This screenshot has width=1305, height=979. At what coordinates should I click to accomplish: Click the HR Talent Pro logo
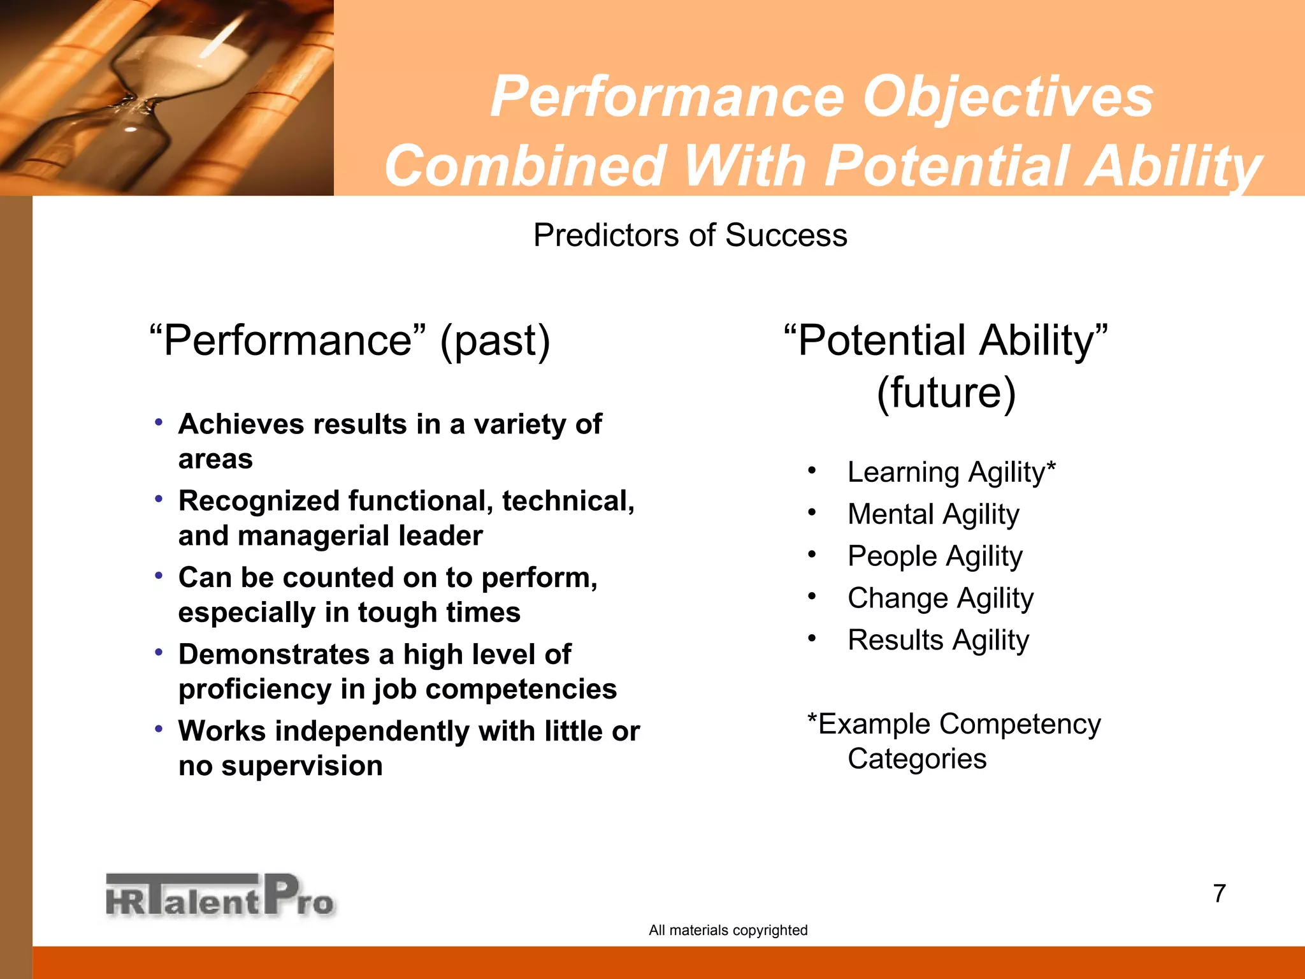[x=220, y=896]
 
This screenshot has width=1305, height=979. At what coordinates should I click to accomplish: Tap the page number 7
[x=1219, y=894]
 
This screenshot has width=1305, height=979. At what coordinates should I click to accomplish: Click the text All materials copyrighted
[x=728, y=930]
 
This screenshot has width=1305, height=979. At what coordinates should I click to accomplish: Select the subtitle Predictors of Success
[x=690, y=235]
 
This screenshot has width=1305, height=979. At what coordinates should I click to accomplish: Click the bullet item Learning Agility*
[x=951, y=472]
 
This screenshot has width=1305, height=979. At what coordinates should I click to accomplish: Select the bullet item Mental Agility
[x=933, y=514]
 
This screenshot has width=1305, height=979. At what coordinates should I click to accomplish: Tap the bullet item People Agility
[x=934, y=556]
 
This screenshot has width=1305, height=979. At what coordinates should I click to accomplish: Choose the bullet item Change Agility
[x=940, y=598]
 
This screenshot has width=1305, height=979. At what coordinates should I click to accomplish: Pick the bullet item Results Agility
[x=938, y=640]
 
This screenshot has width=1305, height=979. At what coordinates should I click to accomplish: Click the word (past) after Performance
[x=494, y=340]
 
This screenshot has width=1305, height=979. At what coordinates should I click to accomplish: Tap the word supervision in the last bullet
[x=301, y=765]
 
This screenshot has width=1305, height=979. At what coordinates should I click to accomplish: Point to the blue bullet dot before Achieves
[x=159, y=422]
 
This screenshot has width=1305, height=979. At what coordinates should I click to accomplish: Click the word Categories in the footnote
[x=916, y=759]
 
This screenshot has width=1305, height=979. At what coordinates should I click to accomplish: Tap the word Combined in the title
[x=525, y=166]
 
